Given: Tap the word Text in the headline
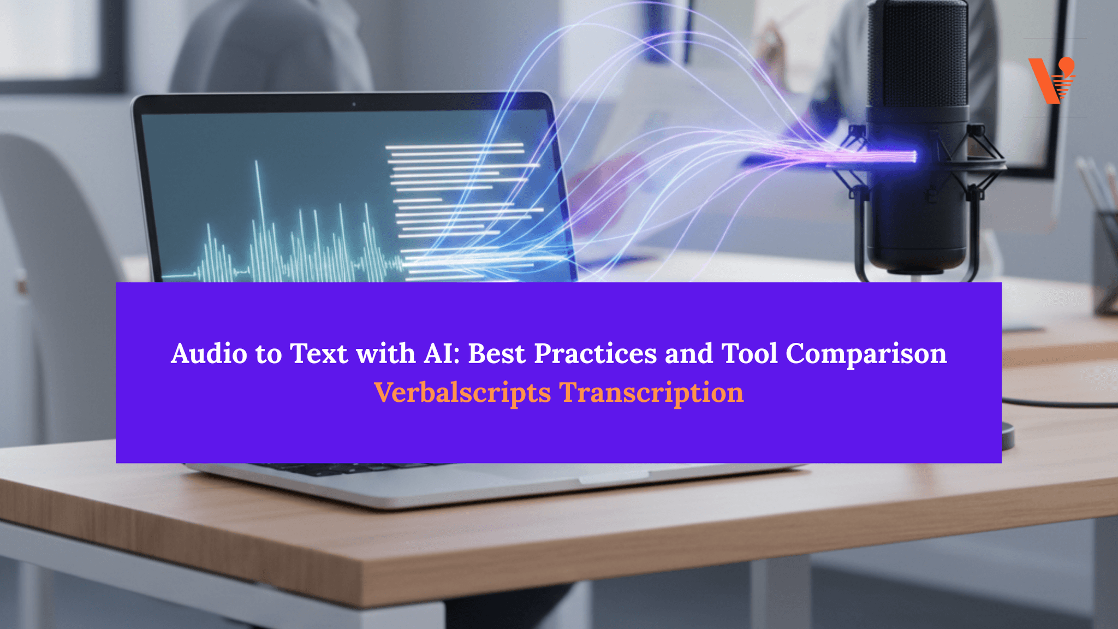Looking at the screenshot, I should (318, 353).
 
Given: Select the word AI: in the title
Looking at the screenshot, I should (442, 353).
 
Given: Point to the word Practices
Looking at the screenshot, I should (595, 353).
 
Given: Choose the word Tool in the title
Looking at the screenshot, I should (750, 353).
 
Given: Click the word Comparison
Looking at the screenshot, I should (866, 354).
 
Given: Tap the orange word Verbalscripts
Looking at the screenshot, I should (462, 393).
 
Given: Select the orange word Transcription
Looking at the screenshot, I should (651, 393).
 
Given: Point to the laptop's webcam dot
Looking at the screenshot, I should (354, 104).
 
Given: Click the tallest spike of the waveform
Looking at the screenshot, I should (257, 164).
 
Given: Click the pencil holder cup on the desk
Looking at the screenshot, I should (1105, 262).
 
